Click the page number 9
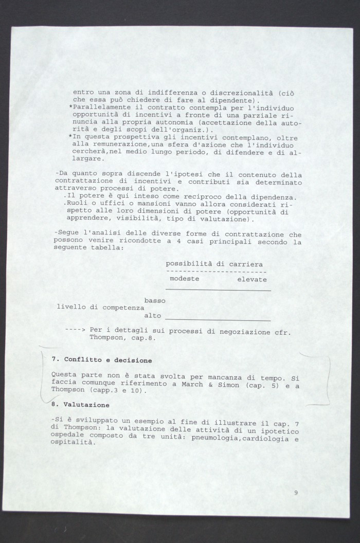point(296,492)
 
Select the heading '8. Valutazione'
point(80,405)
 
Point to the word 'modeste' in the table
point(184,278)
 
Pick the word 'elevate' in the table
point(252,279)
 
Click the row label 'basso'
point(155,300)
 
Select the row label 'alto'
point(153,315)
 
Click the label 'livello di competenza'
point(100,307)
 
